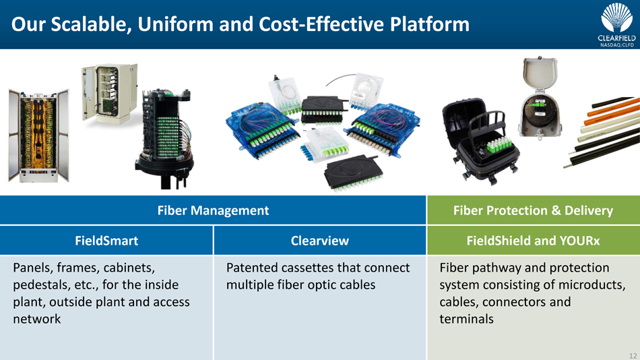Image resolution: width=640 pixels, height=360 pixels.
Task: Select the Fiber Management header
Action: click(213, 210)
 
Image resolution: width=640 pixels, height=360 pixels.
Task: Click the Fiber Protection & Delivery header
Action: click(533, 210)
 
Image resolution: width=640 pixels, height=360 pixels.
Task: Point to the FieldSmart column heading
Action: click(106, 240)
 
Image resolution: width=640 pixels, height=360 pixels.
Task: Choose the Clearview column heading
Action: click(319, 240)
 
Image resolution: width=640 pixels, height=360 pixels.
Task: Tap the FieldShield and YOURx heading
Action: click(533, 240)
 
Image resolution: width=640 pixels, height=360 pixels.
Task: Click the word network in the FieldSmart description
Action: click(37, 318)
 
